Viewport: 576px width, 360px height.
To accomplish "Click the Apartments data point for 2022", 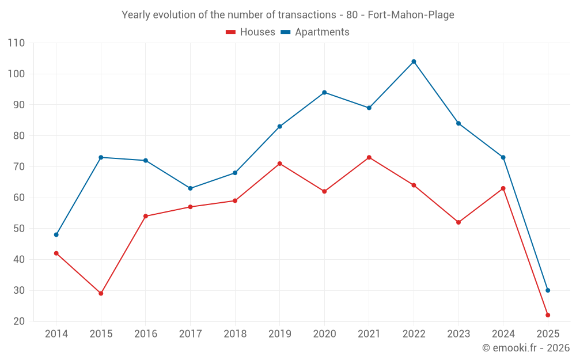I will pyautogui.click(x=414, y=62).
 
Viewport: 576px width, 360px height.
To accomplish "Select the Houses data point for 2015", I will pyautogui.click(x=101, y=293).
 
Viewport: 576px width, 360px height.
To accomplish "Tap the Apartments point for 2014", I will pyautogui.click(x=56, y=234).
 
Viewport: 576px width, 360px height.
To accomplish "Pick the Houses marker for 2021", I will pyautogui.click(x=369, y=157).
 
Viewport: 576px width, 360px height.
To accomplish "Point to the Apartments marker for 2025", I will pyautogui.click(x=548, y=290).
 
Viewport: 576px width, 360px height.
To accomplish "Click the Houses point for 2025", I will pyautogui.click(x=548, y=315).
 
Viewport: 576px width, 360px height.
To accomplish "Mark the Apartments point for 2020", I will pyautogui.click(x=324, y=92).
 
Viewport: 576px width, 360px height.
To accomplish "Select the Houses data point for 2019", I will pyautogui.click(x=280, y=164).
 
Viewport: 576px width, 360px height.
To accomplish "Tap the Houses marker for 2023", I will pyautogui.click(x=458, y=222).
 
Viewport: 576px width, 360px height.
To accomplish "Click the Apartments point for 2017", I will pyautogui.click(x=190, y=188).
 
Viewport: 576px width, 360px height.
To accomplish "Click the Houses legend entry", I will pyautogui.click(x=251, y=32).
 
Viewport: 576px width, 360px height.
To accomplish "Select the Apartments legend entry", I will pyautogui.click(x=315, y=32).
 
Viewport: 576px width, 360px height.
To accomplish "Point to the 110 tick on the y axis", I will pyautogui.click(x=17, y=43).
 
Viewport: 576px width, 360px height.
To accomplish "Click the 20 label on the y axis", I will pyautogui.click(x=19, y=321).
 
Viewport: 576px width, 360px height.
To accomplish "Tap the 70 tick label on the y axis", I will pyautogui.click(x=19, y=167).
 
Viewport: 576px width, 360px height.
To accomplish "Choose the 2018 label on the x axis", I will pyautogui.click(x=235, y=334).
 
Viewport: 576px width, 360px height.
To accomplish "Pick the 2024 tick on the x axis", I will pyautogui.click(x=503, y=334).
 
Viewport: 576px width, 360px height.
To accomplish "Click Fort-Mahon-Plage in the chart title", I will pyautogui.click(x=411, y=15).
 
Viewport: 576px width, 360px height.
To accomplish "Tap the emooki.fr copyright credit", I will pyautogui.click(x=526, y=348).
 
